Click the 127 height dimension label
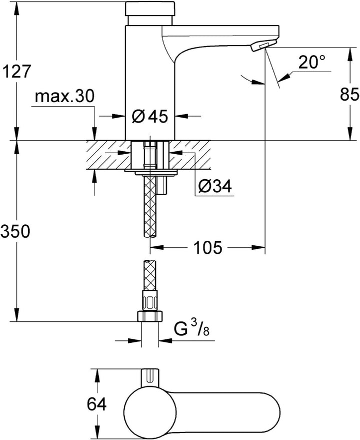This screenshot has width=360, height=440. (15, 71)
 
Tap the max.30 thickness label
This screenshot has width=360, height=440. (65, 96)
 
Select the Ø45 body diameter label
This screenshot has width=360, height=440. (149, 116)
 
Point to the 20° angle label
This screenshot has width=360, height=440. (311, 62)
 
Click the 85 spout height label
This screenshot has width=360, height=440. (349, 94)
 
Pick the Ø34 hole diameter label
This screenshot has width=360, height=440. (215, 186)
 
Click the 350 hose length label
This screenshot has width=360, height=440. (15, 232)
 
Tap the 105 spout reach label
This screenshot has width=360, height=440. (208, 247)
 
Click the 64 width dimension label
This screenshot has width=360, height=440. (96, 404)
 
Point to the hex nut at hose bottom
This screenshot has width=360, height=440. (150, 316)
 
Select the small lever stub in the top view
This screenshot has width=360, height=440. (150, 377)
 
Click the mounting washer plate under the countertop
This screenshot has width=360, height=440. (151, 172)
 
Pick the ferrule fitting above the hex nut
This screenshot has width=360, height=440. (150, 300)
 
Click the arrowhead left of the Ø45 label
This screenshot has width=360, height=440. (118, 116)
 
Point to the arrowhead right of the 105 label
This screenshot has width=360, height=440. (258, 247)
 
